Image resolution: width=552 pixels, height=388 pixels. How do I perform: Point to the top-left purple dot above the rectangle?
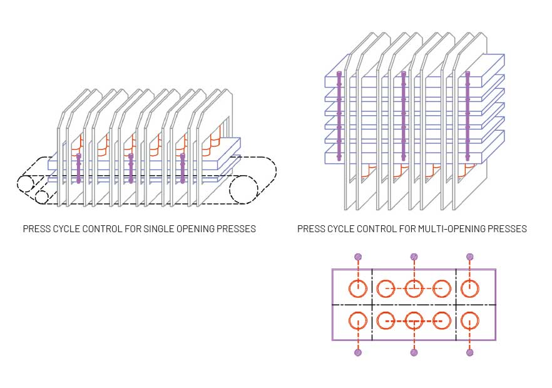pyautogui.click(x=358, y=257)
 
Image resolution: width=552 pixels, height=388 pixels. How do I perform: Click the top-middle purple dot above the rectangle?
pyautogui.click(x=414, y=257)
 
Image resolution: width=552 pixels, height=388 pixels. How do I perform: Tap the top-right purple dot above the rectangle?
pyautogui.click(x=470, y=257)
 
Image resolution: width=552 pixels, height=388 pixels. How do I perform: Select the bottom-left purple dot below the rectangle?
pyautogui.click(x=358, y=353)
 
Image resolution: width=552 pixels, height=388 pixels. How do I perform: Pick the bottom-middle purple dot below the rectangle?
pyautogui.click(x=414, y=353)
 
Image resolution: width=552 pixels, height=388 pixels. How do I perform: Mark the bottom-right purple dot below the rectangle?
pyautogui.click(x=470, y=353)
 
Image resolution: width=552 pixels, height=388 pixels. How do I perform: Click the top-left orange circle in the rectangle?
pyautogui.click(x=358, y=288)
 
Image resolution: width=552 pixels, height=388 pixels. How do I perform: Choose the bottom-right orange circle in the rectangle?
pyautogui.click(x=470, y=320)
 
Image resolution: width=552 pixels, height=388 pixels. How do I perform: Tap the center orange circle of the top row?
pyautogui.click(x=414, y=288)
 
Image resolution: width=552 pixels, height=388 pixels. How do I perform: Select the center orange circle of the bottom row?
pyautogui.click(x=414, y=320)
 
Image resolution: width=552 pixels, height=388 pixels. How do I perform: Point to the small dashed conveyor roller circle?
pyautogui.click(x=42, y=197)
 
